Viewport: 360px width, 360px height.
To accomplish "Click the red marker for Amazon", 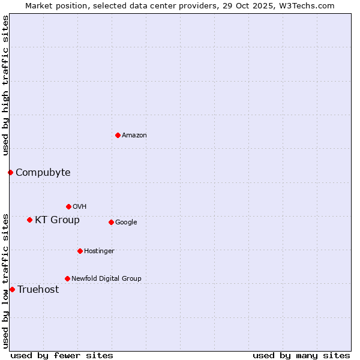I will click(118, 135).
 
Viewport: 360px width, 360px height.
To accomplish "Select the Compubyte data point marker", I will click(10, 173).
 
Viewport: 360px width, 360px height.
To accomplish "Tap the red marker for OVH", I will click(68, 206).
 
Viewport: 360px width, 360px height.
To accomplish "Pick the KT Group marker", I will click(29, 220).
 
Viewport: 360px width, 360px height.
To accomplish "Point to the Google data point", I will click(111, 222).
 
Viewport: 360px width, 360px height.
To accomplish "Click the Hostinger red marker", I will click(80, 251).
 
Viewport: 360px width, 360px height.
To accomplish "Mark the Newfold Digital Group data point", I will click(67, 278).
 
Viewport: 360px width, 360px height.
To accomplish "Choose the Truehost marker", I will click(12, 289).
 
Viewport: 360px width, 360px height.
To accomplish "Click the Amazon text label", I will click(134, 136).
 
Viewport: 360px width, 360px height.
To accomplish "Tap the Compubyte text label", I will click(43, 173).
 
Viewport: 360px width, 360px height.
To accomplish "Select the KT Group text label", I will click(57, 220).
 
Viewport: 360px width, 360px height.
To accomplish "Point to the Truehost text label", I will click(38, 290).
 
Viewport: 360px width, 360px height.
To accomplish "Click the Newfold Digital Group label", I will click(106, 278).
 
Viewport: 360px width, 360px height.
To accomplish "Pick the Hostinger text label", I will click(99, 251).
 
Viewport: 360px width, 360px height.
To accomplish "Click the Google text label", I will click(126, 223).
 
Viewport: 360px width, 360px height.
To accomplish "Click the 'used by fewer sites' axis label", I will click(62, 355).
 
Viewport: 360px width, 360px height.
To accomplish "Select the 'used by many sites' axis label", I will click(301, 355).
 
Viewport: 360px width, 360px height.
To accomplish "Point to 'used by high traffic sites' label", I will click(5, 85).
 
